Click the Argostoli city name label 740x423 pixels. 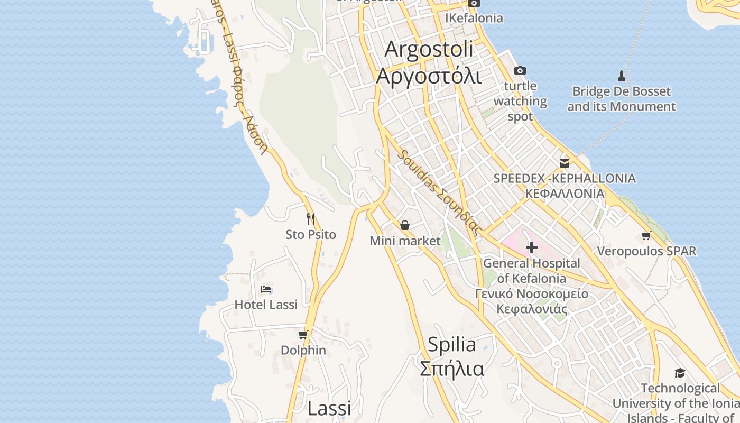[429, 49]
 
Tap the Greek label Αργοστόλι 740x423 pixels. [429, 76]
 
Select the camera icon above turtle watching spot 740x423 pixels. [520, 70]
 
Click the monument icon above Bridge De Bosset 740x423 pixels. [622, 76]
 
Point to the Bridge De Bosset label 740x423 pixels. [622, 99]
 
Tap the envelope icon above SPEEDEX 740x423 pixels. [565, 163]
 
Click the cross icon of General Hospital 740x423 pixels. [532, 247]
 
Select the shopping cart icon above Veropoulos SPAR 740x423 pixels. [646, 235]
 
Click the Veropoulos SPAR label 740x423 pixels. [646, 251]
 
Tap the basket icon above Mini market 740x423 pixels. [405, 225]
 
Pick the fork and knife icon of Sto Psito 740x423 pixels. [311, 218]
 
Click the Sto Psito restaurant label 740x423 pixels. [311, 234]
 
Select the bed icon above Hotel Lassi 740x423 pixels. [266, 289]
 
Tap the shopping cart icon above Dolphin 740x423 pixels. [303, 335]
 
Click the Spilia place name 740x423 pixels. [451, 345]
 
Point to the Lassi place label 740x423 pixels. [329, 408]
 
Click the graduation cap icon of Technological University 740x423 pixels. [680, 373]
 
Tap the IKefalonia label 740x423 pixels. [474, 18]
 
